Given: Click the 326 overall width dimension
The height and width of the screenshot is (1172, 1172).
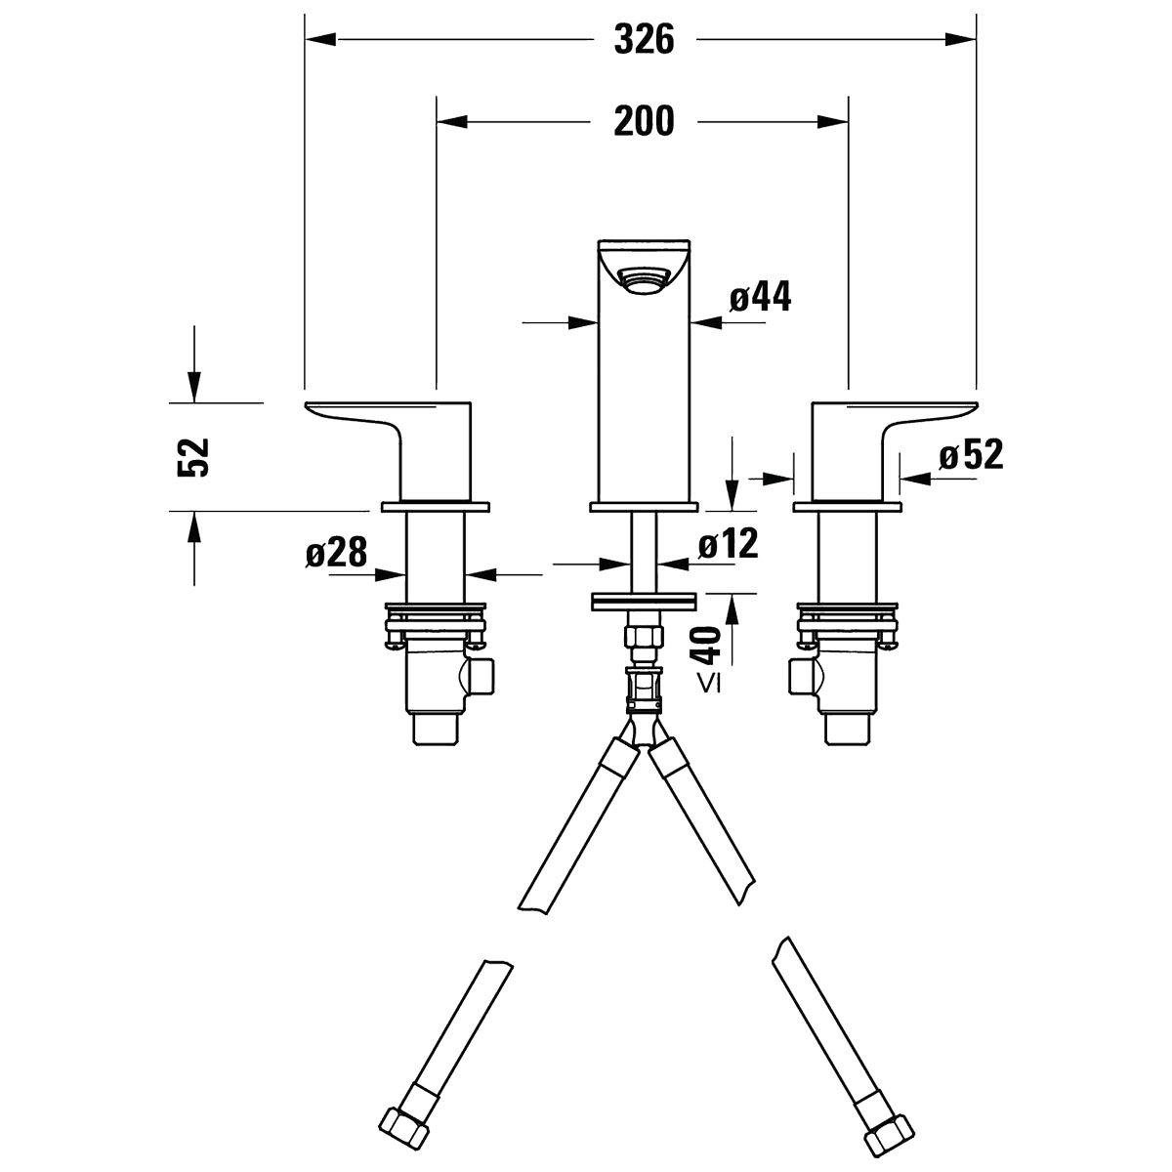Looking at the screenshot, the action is coord(644,39).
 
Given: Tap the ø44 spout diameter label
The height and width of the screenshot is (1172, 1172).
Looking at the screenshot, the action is coord(760,298).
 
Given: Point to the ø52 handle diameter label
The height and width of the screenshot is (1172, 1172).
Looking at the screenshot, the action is coord(971,454).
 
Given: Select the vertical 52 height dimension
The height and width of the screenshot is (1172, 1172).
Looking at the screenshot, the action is coord(193,457).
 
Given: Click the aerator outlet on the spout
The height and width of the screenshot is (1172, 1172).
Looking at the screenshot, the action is coord(643,281).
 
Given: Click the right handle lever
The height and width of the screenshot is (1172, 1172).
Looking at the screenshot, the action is coord(894,450).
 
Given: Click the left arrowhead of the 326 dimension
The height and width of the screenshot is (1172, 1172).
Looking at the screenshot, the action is coord(320,39).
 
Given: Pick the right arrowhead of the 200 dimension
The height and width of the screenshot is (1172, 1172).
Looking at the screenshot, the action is coord(833,122).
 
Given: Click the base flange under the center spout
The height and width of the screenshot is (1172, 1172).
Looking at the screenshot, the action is coord(644,507).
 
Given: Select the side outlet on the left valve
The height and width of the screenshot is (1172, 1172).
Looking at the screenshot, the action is coord(481,675).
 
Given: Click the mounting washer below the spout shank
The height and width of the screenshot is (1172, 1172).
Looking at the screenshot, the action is coord(643,601).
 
